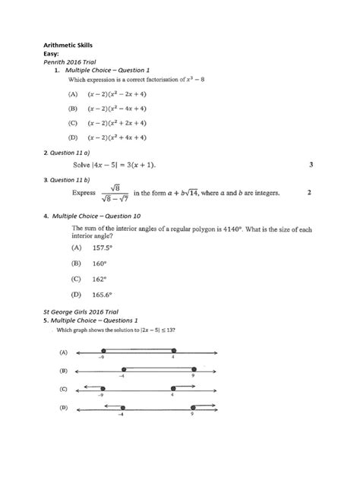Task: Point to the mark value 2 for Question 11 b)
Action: [309, 193]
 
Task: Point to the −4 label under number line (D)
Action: [122, 415]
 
